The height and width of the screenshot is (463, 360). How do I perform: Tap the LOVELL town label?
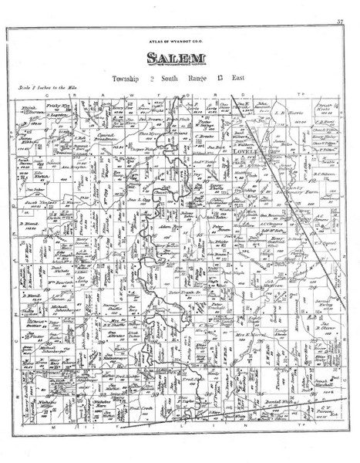(242, 153)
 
